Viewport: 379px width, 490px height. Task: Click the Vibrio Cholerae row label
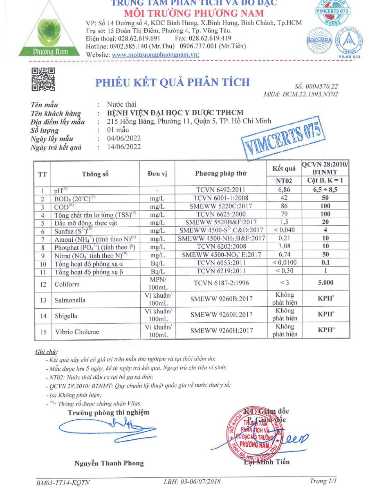(76, 332)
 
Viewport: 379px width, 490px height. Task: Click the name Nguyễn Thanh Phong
(109, 463)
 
